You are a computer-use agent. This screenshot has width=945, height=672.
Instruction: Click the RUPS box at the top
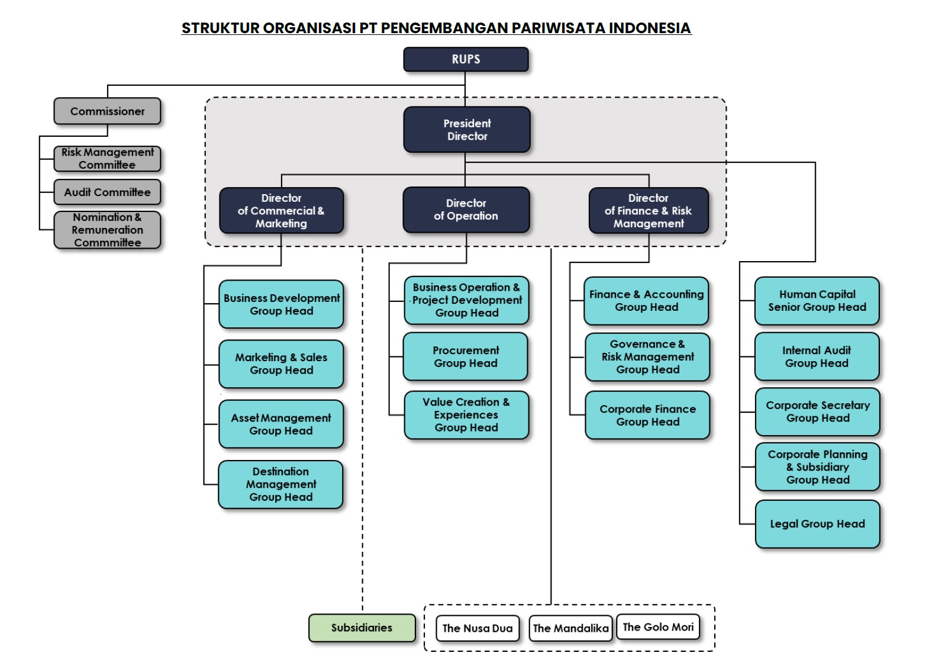click(466, 59)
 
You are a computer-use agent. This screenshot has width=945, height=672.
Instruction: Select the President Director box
click(467, 130)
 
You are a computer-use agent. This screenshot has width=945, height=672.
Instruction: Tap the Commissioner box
click(107, 111)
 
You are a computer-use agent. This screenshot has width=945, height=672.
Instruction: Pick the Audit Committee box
click(107, 192)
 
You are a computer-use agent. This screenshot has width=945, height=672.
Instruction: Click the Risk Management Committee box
click(107, 159)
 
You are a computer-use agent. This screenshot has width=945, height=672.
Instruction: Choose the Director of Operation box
click(466, 210)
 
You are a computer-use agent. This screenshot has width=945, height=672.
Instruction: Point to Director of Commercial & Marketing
click(281, 211)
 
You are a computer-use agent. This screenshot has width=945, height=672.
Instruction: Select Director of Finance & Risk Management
click(649, 211)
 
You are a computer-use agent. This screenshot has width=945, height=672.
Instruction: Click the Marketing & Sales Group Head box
click(281, 364)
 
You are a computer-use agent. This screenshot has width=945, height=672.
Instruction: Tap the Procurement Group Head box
click(466, 356)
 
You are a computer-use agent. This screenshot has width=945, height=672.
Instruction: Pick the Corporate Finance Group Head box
click(647, 415)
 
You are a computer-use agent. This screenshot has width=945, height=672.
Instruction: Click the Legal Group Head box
click(817, 524)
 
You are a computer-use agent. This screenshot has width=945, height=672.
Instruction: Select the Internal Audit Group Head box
click(817, 356)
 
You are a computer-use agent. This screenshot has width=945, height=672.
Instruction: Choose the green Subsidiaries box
click(362, 628)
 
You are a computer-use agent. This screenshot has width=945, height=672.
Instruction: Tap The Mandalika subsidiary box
click(570, 628)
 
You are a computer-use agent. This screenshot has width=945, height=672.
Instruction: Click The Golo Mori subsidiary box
click(658, 627)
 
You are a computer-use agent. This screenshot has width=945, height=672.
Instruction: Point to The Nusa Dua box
click(478, 628)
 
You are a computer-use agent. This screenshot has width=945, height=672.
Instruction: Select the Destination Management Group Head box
click(280, 484)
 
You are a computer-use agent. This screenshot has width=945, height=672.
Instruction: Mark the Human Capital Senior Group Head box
click(817, 301)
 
